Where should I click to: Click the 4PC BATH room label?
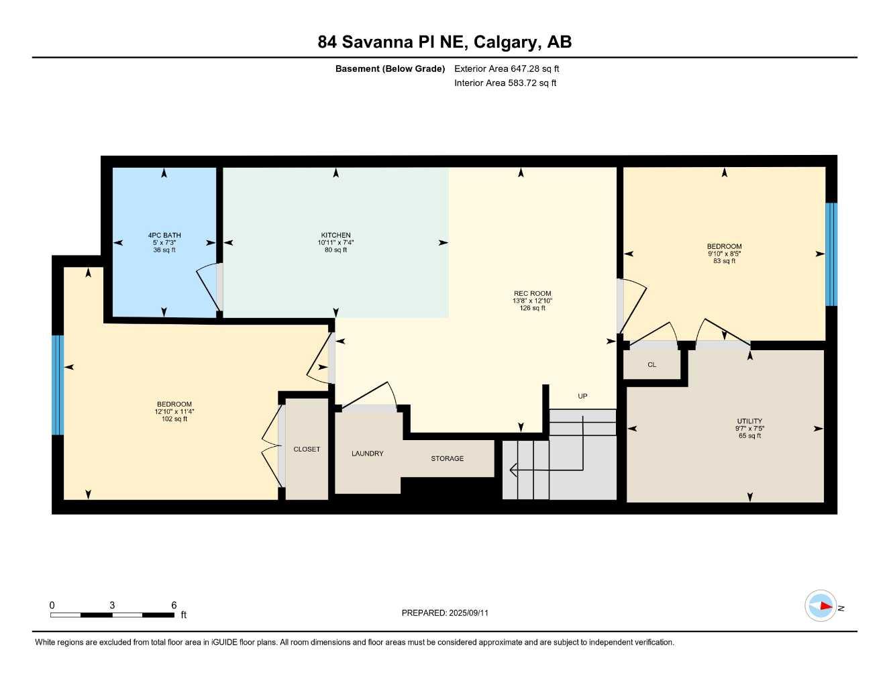pyautogui.click(x=164, y=235)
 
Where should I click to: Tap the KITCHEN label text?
pyautogui.click(x=335, y=235)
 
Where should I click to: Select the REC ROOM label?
pyautogui.click(x=532, y=294)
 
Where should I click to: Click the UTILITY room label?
pyautogui.click(x=749, y=421)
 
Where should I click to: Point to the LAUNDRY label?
pyautogui.click(x=368, y=454)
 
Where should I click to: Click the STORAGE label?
pyautogui.click(x=447, y=459)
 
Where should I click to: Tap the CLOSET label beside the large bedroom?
pyautogui.click(x=307, y=450)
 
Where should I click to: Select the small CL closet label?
pyautogui.click(x=651, y=365)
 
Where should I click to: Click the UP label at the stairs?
pyautogui.click(x=582, y=397)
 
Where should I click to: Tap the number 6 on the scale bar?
pyautogui.click(x=174, y=605)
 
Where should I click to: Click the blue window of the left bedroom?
pyautogui.click(x=58, y=385)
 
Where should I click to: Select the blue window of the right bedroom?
pyautogui.click(x=831, y=254)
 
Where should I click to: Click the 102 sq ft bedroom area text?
pyautogui.click(x=174, y=419)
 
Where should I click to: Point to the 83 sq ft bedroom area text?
pyautogui.click(x=724, y=261)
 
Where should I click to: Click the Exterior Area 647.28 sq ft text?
pyautogui.click(x=507, y=68)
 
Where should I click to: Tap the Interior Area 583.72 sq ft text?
pyautogui.click(x=505, y=83)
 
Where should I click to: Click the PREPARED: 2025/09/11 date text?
pyautogui.click(x=445, y=613)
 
